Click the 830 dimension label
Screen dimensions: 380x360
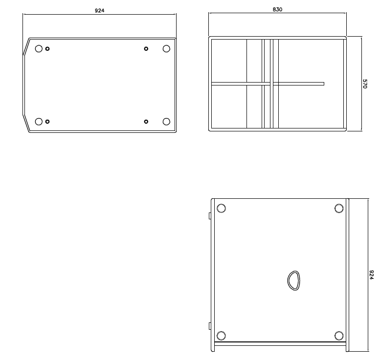pos(277,9)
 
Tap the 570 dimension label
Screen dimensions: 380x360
pos(365,84)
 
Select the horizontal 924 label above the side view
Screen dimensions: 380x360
pos(99,10)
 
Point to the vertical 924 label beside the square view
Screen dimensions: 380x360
pos(371,275)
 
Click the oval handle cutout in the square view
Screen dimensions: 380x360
pos(288,281)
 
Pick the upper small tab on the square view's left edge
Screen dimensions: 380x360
pos(210,216)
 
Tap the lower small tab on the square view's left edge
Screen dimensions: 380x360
pos(210,326)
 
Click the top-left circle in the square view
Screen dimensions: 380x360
pos(221,208)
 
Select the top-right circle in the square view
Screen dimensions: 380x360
pos(339,208)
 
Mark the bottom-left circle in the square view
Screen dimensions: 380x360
pos(221,336)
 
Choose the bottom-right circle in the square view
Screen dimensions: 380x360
pos(339,336)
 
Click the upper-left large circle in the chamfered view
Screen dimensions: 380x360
pos(39,49)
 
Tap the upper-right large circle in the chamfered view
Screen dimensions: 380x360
pos(166,49)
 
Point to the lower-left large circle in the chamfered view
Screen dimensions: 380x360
pos(39,122)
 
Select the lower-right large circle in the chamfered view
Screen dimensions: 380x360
pos(166,122)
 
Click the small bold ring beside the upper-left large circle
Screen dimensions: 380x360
pos(47,49)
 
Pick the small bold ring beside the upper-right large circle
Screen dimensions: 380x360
pos(146,49)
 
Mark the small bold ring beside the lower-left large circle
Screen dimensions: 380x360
pos(47,122)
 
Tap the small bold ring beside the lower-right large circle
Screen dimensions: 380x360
pos(146,122)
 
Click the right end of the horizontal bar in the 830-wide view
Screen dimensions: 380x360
pos(324,84)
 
